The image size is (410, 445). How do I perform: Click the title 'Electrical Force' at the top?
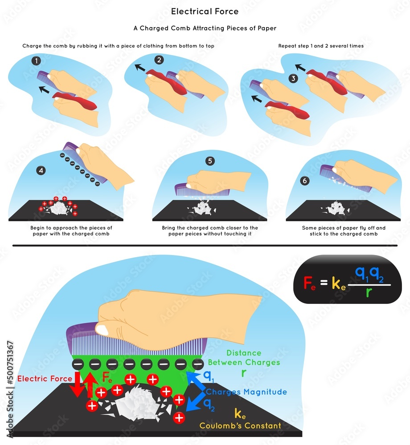(205, 12)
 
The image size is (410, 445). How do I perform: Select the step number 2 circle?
(159, 60)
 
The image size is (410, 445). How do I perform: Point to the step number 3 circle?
(293, 78)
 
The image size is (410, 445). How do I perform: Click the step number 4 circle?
(41, 170)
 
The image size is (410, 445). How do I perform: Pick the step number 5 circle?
(210, 161)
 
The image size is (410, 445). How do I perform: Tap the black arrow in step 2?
(140, 68)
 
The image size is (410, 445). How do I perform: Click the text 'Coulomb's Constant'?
(240, 425)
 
